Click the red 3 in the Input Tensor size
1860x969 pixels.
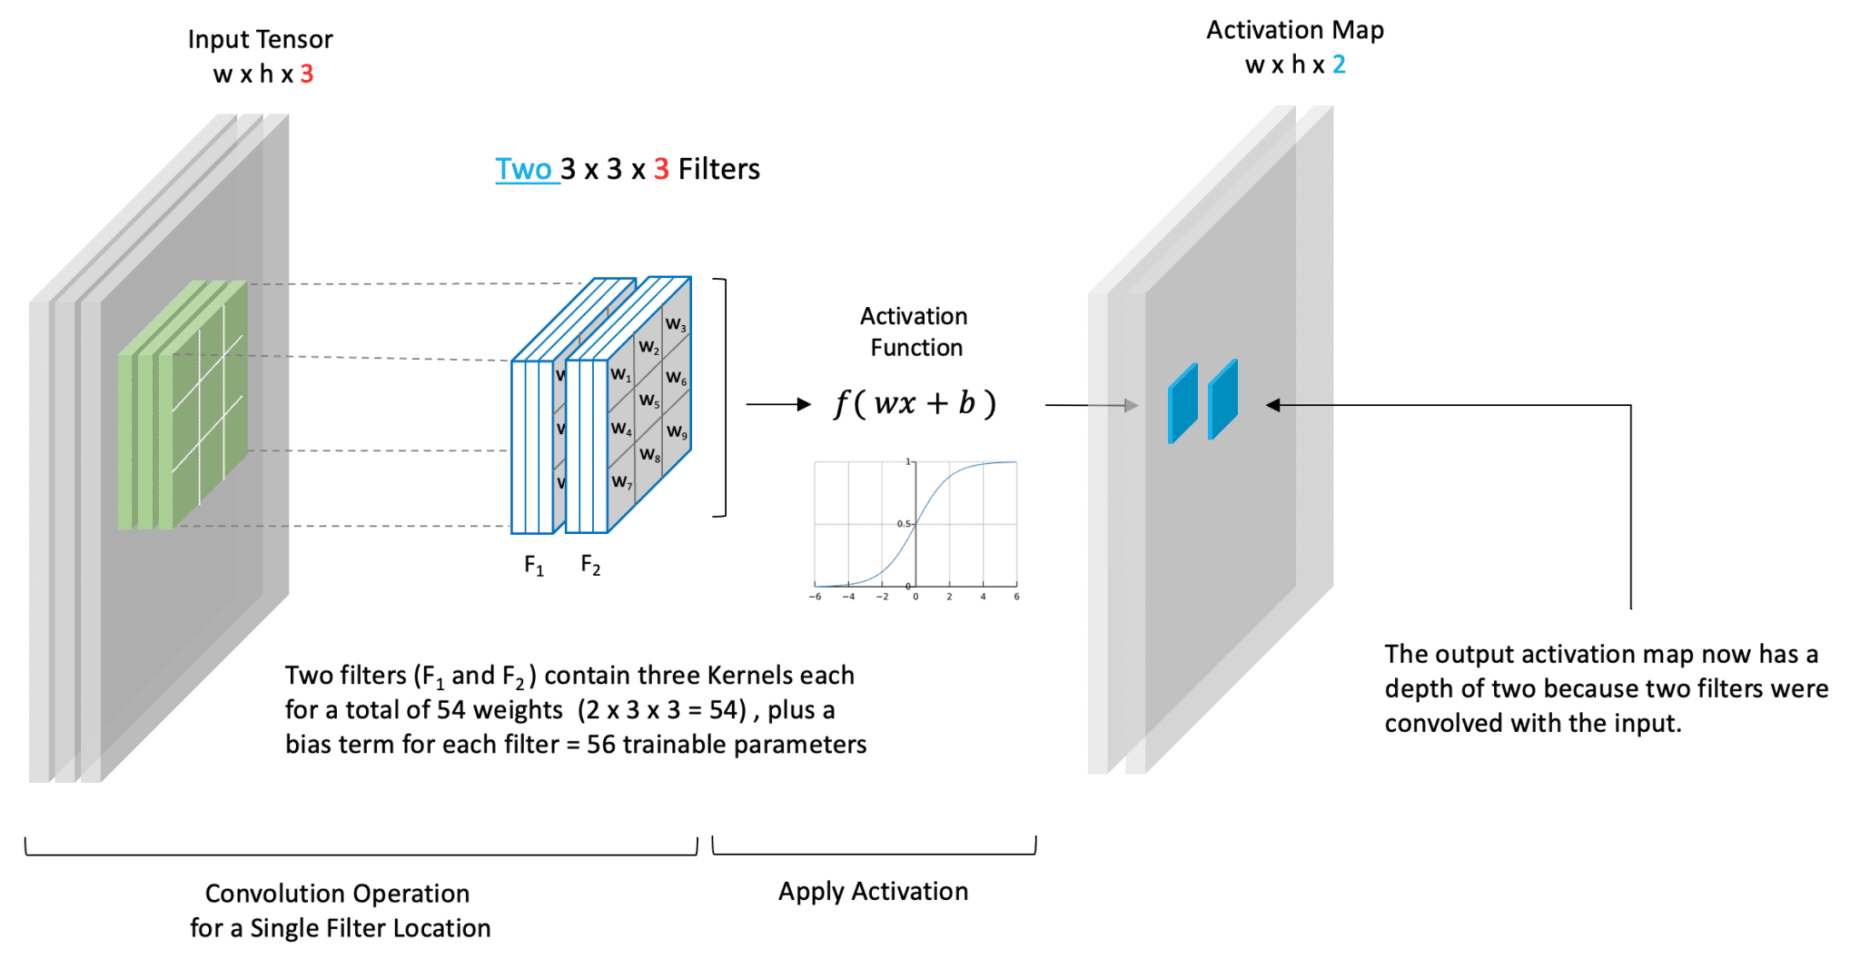(307, 74)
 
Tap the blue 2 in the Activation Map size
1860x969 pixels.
(1339, 65)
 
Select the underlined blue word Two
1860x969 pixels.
(524, 170)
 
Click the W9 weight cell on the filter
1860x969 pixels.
(677, 432)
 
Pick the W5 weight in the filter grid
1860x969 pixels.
(648, 400)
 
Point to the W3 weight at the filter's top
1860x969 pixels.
(676, 325)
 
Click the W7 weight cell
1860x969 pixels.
(621, 482)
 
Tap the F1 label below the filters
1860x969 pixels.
(534, 566)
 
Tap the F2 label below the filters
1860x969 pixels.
(590, 566)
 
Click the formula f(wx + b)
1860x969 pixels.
(915, 403)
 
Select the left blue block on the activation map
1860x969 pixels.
(1182, 403)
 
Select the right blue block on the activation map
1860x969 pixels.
(1223, 400)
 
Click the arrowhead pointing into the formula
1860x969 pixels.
(804, 404)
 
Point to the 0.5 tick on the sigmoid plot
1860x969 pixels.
(903, 524)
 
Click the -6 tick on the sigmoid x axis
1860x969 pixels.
(815, 597)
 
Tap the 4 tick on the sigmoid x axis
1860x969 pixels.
(983, 597)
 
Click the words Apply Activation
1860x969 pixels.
(873, 892)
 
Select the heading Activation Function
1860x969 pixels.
(915, 331)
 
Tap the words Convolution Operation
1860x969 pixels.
(337, 894)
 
